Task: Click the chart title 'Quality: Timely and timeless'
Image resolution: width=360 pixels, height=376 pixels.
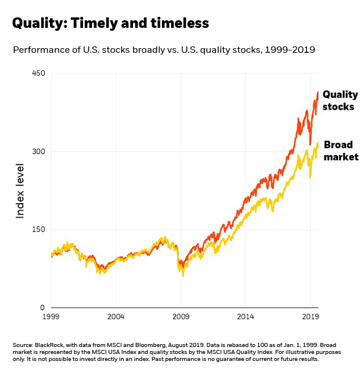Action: coord(110,23)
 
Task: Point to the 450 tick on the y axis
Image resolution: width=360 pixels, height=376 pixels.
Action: coord(38,74)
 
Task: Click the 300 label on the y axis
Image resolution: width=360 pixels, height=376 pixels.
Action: coord(38,151)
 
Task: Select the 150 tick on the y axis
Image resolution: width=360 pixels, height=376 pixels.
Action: coord(38,229)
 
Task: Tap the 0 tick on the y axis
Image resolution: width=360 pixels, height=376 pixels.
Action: coord(42,308)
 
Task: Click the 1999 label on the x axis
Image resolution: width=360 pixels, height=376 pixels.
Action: coord(51,318)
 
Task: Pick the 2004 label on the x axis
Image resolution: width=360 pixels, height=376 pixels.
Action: coord(116,318)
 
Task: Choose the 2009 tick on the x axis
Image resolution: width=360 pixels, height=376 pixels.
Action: coord(181,318)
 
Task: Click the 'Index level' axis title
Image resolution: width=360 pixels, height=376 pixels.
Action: coord(20,191)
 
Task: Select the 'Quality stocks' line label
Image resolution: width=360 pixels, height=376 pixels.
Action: coord(340,100)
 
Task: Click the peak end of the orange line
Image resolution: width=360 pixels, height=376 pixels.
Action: coord(318,92)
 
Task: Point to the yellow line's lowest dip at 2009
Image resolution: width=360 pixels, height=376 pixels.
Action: coord(183,276)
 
